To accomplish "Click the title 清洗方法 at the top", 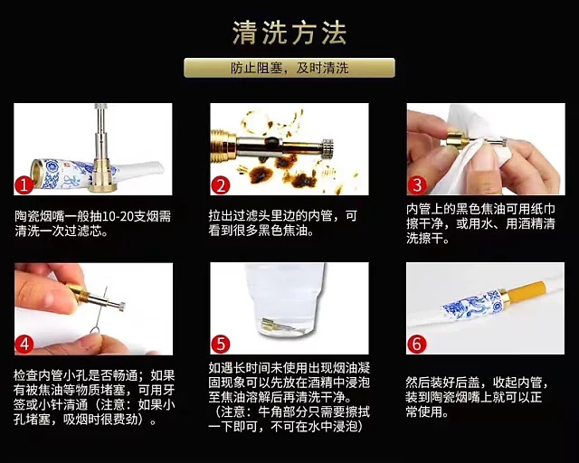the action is coord(289,33).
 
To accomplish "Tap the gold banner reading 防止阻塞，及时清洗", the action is coord(289,68).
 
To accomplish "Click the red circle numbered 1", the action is coord(24,185).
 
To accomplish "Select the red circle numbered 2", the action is coord(221,185).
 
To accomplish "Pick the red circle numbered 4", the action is coord(24,345).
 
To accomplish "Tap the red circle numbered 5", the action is coord(221,345).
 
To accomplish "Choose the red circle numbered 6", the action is coord(417,345).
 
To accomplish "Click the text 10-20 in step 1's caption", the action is coord(111,216).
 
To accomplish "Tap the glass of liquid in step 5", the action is coord(284,300).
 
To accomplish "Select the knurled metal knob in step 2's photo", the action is coord(327,148).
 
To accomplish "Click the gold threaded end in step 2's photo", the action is coord(223,145).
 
